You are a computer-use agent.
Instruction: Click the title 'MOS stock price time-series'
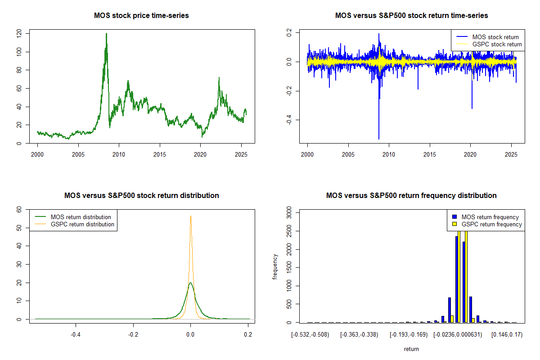coord(141,16)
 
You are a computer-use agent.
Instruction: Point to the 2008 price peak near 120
coord(106,34)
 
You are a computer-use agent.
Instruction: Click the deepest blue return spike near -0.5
coord(379,138)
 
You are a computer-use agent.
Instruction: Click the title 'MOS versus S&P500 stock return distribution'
coord(141,196)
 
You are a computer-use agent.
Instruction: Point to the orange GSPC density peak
coord(191,216)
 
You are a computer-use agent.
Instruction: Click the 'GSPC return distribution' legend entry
coord(82,224)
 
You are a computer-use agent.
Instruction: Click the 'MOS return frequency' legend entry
coord(490,217)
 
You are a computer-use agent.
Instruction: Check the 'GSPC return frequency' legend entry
coord(492,224)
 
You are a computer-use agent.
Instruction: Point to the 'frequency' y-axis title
coord(275,266)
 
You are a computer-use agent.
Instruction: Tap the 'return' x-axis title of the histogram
coord(411,349)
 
